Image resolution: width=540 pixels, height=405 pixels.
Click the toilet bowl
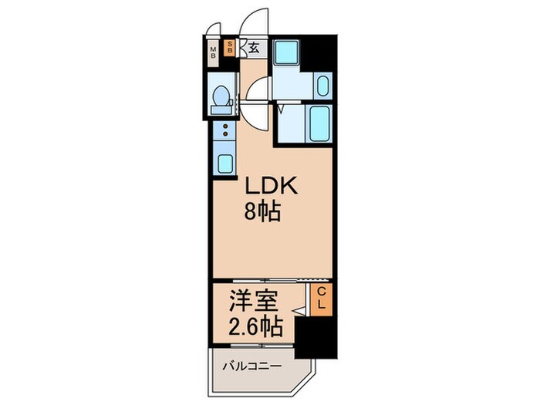pyautogui.click(x=221, y=97)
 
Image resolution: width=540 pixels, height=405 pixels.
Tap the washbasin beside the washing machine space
pyautogui.click(x=322, y=84)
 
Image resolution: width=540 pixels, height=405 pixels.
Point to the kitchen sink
pyautogui.click(x=224, y=164)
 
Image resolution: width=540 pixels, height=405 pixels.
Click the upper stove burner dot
pyautogui.click(x=225, y=125)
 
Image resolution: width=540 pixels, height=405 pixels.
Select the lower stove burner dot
pyautogui.click(x=225, y=134)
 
